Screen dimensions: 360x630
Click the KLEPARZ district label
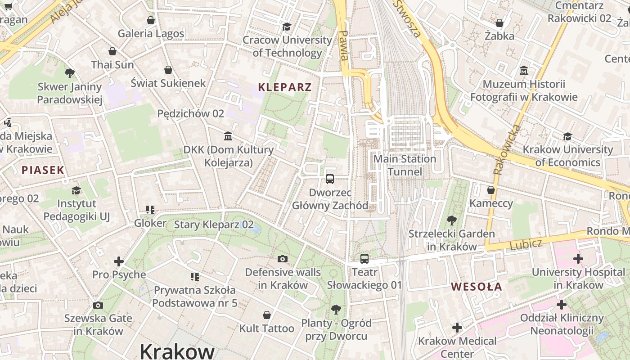point(285,87)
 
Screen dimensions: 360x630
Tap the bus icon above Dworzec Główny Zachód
point(330,179)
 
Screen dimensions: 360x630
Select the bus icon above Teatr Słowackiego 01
point(364,259)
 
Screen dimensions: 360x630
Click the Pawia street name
point(344,45)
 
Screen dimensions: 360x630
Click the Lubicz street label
point(526,244)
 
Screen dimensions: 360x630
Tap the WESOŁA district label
point(477,287)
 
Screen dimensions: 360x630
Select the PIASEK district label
point(43,170)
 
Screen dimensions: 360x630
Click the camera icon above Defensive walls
point(283,259)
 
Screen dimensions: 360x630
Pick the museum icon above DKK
point(228,136)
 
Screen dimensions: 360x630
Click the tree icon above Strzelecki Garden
point(451,220)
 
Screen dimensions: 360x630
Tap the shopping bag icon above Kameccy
point(491,190)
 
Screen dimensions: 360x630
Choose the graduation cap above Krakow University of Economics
point(567,136)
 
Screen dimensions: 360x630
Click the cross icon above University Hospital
point(578,259)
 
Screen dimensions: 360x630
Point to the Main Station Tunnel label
point(405,165)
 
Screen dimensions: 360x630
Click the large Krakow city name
point(177,351)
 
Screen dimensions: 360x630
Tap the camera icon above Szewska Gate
point(98,305)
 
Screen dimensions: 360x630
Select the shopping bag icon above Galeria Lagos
point(151,20)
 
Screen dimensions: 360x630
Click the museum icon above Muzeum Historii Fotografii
point(524,71)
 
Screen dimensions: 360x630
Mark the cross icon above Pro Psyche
point(119,261)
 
